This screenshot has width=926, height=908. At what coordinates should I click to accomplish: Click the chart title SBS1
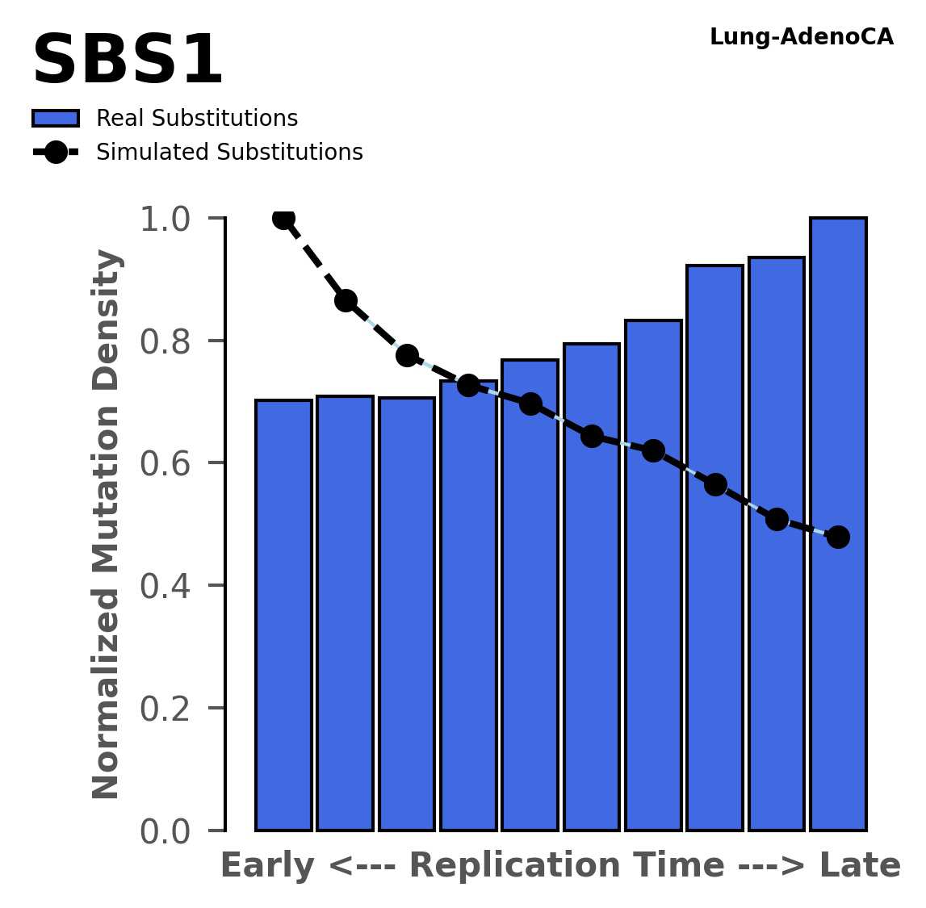point(127,61)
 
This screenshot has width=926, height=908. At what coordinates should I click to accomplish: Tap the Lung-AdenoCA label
point(801,37)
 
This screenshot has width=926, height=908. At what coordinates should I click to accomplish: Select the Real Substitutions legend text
point(197,119)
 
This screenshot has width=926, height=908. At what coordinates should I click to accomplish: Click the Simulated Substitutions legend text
point(229,153)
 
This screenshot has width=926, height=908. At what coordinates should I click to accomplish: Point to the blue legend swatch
point(56,119)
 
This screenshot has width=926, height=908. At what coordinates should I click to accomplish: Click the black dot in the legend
point(56,153)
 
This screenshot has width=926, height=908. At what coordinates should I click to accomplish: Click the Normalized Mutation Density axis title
point(107,524)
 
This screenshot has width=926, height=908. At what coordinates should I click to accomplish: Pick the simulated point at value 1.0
point(283,218)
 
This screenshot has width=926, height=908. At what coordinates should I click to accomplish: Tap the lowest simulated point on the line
point(838,537)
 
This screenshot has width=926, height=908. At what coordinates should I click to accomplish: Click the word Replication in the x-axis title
point(521,866)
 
